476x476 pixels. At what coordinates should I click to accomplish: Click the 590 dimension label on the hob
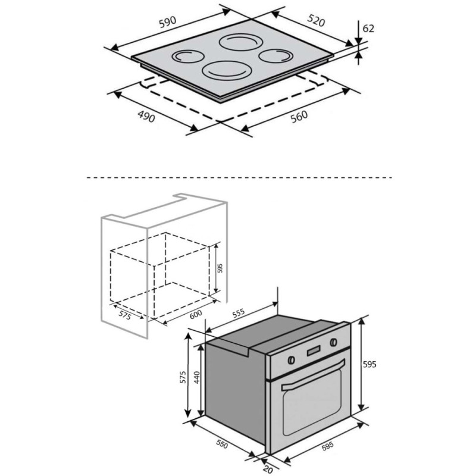[x=168, y=22]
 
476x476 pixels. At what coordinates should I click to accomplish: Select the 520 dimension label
[x=316, y=20]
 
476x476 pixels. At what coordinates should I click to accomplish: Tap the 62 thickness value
[x=368, y=28]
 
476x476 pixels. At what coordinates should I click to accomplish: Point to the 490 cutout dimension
[x=146, y=117]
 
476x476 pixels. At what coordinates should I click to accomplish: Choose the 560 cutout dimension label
[x=299, y=117]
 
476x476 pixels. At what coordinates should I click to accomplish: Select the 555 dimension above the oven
[x=239, y=313]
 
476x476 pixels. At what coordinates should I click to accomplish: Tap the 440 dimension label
[x=197, y=377]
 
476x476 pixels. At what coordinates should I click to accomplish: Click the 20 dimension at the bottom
[x=267, y=469]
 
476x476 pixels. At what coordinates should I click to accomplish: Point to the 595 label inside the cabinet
[x=220, y=268]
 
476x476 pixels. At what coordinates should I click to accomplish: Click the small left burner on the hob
[x=188, y=57]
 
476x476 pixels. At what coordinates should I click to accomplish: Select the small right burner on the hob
[x=275, y=55]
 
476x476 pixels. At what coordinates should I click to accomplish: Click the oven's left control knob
[x=291, y=360]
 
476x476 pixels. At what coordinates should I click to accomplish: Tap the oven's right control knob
[x=333, y=343]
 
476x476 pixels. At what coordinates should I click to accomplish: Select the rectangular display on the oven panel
[x=314, y=350]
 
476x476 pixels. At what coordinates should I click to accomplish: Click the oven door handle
[x=314, y=375]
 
